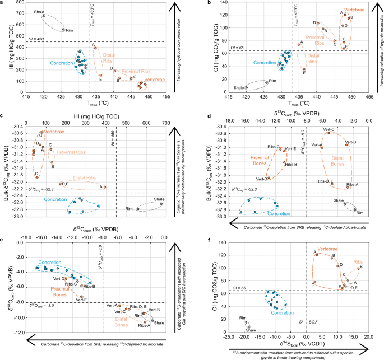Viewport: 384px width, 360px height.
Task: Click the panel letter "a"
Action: [x=3, y=3]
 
